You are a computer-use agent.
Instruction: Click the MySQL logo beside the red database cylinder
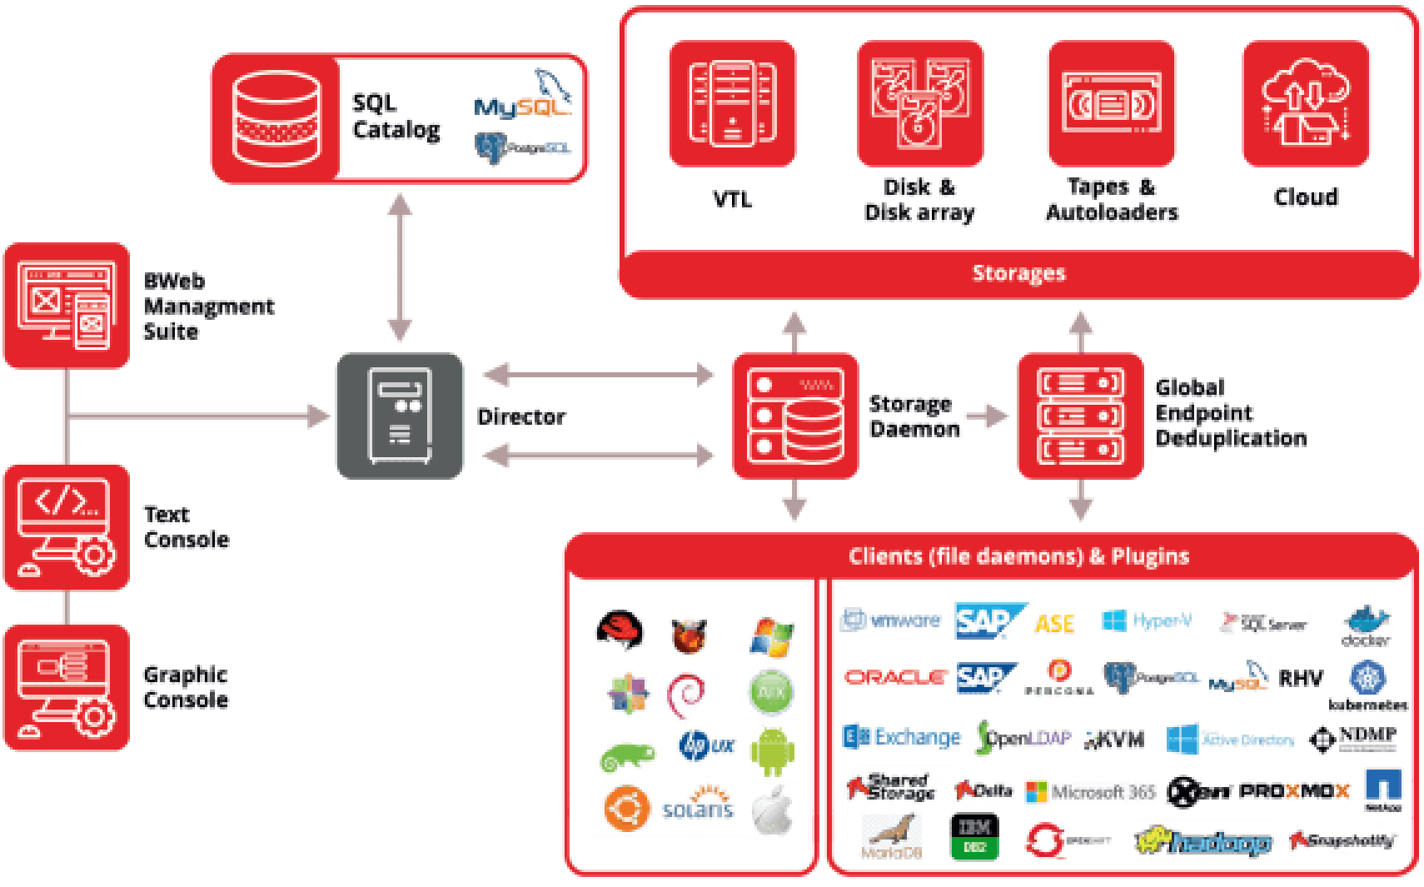[523, 94]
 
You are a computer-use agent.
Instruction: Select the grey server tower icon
[400, 416]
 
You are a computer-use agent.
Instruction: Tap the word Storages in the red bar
[1018, 273]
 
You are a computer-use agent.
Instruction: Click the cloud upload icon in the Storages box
[1306, 104]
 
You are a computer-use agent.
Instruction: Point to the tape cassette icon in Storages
[1111, 104]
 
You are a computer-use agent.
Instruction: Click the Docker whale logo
[1365, 625]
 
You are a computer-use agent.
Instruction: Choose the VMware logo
[892, 620]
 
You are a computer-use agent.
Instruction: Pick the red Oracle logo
[895, 678]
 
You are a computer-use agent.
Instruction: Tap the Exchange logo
[902, 737]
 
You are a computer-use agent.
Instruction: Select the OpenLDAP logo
[1023, 737]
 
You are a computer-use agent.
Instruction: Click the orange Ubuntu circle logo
[626, 808]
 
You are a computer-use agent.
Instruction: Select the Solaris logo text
[698, 808]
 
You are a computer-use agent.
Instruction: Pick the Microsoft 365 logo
[1090, 792]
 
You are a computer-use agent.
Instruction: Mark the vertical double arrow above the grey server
[400, 267]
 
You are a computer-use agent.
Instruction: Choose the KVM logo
[1114, 740]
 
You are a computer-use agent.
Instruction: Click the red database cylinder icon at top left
[276, 118]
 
